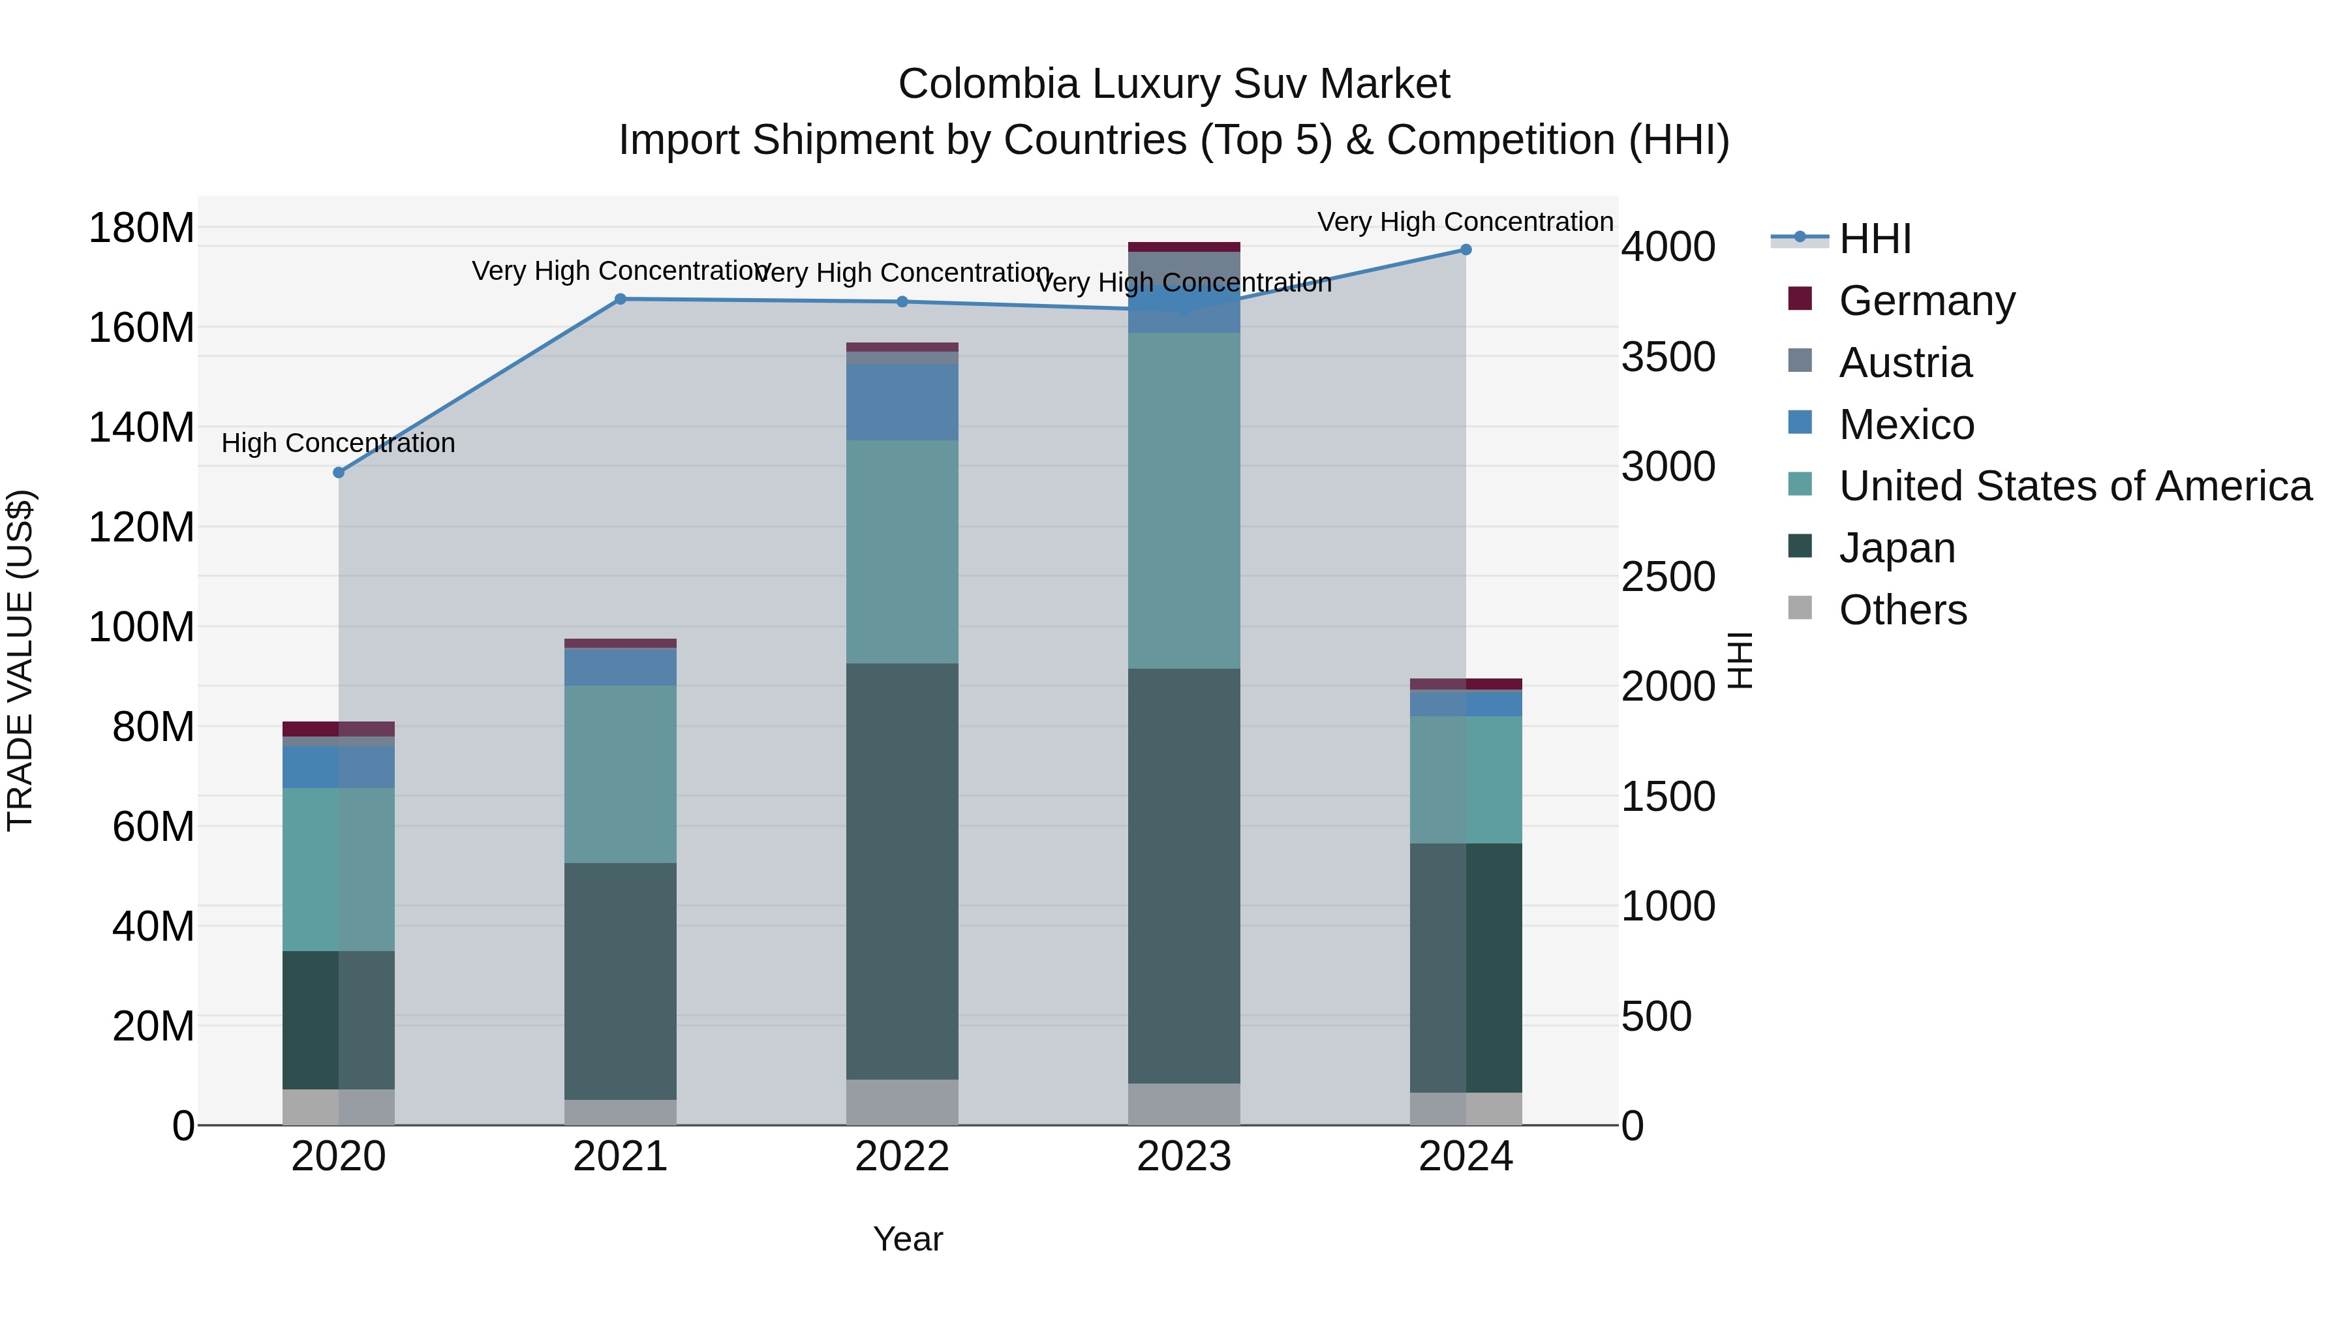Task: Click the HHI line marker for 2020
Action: click(338, 472)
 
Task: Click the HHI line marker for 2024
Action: click(1466, 250)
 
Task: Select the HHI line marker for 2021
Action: click(620, 299)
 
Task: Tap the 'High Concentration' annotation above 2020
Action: click(338, 443)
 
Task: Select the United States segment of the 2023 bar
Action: click(1184, 500)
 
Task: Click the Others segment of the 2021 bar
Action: click(620, 1112)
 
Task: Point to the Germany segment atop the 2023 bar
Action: click(1184, 246)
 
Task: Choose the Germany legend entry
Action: click(1926, 301)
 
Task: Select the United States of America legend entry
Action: click(2074, 486)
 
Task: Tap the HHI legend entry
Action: click(1874, 239)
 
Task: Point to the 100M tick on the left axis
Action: click(142, 627)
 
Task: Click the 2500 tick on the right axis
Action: click(1668, 577)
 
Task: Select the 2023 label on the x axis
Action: click(1184, 1157)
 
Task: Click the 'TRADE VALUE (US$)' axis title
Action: click(20, 660)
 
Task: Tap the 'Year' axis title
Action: click(908, 1239)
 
